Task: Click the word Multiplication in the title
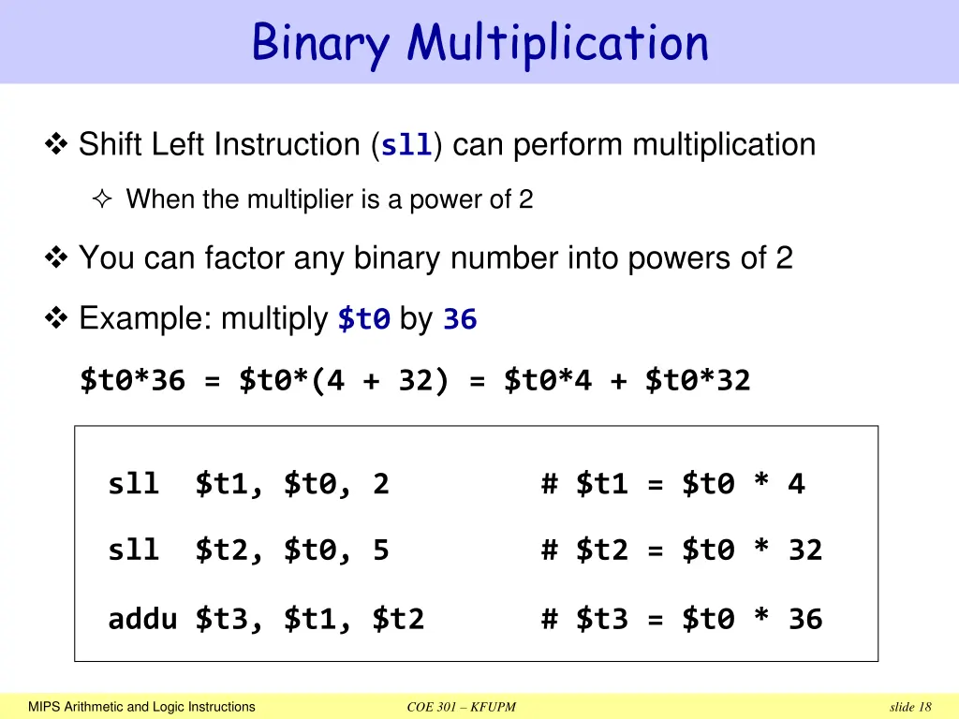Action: click(557, 43)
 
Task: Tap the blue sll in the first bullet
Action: click(406, 146)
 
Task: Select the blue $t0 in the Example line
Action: click(363, 320)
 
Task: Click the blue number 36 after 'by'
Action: click(460, 320)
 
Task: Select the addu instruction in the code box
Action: click(142, 619)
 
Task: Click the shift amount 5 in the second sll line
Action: click(380, 550)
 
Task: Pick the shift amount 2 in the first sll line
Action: click(380, 484)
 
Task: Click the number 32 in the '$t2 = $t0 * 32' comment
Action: click(804, 550)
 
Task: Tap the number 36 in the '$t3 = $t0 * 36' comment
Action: click(804, 619)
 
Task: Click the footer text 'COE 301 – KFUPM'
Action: click(462, 707)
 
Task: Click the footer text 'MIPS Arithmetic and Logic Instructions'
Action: click(141, 707)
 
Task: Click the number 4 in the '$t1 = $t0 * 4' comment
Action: click(796, 484)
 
